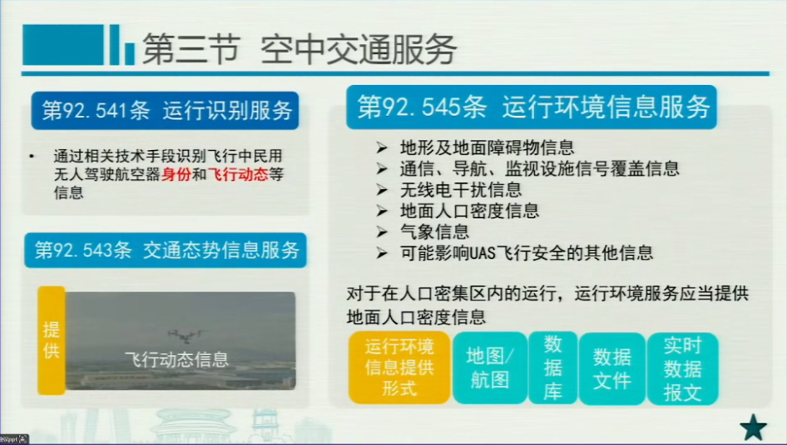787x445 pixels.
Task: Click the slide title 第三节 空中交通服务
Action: pyautogui.click(x=299, y=49)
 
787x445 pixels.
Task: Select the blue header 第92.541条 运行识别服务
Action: pyautogui.click(x=165, y=111)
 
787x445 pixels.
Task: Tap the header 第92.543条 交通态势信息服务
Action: pyautogui.click(x=166, y=250)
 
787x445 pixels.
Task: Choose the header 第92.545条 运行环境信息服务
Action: pyautogui.click(x=532, y=107)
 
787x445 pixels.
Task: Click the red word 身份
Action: pyautogui.click(x=176, y=174)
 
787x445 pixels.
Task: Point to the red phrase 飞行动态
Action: pyautogui.click(x=238, y=174)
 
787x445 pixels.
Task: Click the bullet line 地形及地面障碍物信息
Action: pyautogui.click(x=487, y=147)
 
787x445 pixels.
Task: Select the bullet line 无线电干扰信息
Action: pyautogui.click(x=461, y=189)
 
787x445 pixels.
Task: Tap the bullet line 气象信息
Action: pyautogui.click(x=434, y=232)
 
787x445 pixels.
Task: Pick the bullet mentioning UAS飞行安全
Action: pyautogui.click(x=527, y=252)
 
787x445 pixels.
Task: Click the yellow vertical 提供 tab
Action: pyautogui.click(x=52, y=340)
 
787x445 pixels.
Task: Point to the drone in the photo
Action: pyautogui.click(x=186, y=335)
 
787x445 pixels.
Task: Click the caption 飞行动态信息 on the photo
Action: pyautogui.click(x=176, y=359)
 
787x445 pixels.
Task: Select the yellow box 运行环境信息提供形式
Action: pyautogui.click(x=399, y=367)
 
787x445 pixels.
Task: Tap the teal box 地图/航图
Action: pyautogui.click(x=490, y=367)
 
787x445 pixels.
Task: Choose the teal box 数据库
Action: pyautogui.click(x=552, y=367)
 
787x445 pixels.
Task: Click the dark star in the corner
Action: pyautogui.click(x=754, y=427)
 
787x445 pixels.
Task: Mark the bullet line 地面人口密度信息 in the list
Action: pyautogui.click(x=469, y=211)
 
